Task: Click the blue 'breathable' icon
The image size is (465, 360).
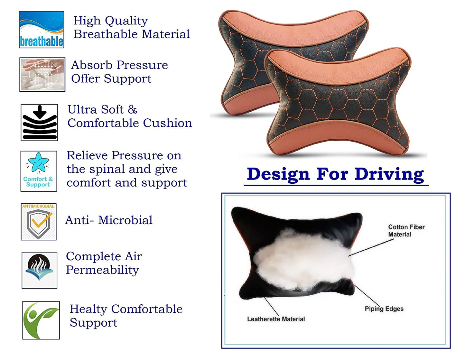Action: [42, 30]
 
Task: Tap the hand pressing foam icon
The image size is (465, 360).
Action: [42, 74]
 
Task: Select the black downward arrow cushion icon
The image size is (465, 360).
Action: [39, 122]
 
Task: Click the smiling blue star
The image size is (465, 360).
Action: [38, 162]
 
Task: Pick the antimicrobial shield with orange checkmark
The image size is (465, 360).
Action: [39, 224]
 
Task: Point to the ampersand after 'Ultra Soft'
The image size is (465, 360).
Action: [133, 109]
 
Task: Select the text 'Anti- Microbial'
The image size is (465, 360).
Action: [109, 220]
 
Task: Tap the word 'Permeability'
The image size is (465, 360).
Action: [103, 270]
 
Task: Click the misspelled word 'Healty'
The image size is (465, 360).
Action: [88, 309]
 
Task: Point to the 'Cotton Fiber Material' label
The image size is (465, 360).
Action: [406, 231]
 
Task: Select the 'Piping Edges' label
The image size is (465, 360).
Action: [384, 309]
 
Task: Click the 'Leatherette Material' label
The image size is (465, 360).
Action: [276, 319]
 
